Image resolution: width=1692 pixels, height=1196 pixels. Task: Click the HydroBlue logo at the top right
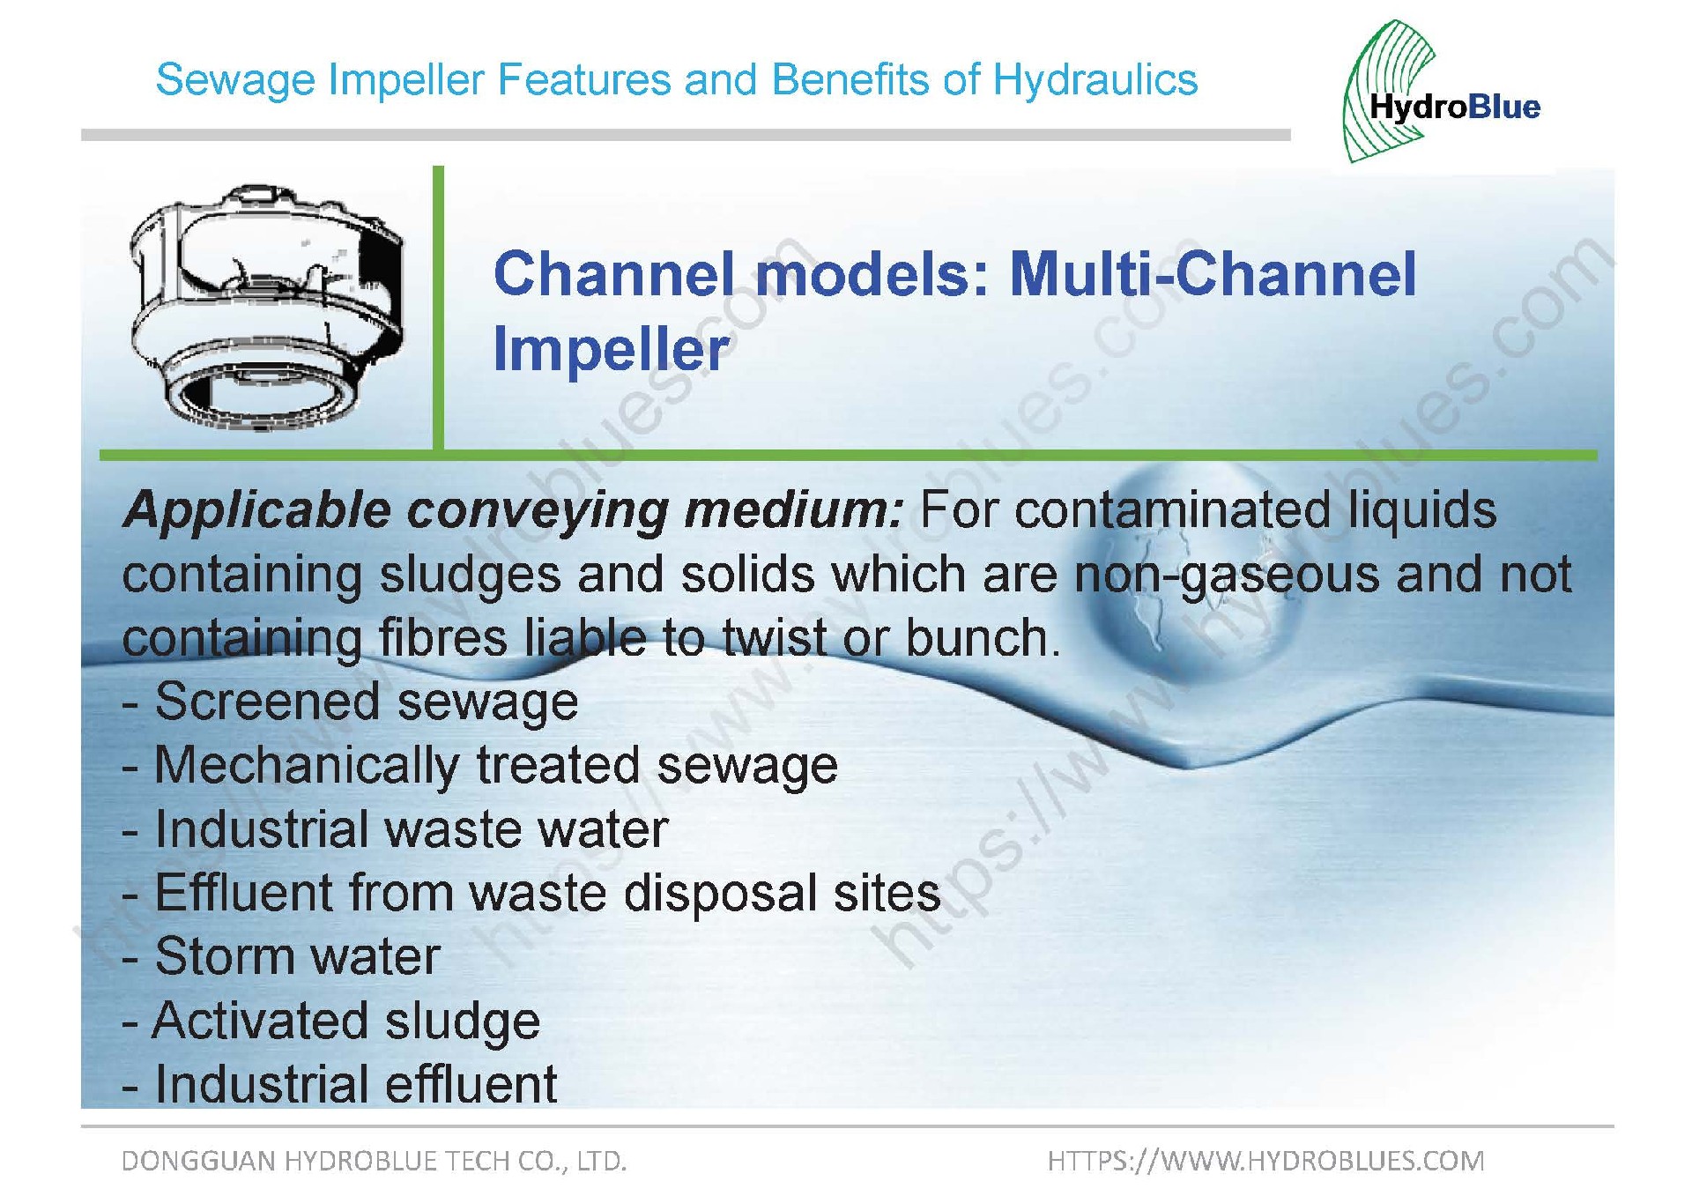click(x=1441, y=92)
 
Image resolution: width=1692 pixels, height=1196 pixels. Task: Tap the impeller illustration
click(x=268, y=307)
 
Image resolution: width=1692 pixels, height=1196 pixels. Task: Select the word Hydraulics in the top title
click(x=1095, y=80)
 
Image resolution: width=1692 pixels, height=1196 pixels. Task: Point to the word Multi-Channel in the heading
click(x=1213, y=273)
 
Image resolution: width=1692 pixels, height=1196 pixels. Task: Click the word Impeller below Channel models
click(x=612, y=350)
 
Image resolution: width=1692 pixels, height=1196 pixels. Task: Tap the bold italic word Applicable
click(x=257, y=511)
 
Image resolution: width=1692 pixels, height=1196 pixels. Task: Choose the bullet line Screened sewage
click(x=350, y=702)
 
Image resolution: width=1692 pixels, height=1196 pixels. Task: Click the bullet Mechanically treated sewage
click(x=479, y=766)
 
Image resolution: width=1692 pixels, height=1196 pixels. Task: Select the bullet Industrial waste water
click(x=395, y=829)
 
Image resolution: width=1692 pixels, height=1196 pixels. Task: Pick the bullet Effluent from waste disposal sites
click(x=531, y=893)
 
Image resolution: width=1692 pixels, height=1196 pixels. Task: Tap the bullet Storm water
click(x=281, y=956)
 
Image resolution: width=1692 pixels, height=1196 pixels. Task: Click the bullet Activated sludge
click(x=331, y=1021)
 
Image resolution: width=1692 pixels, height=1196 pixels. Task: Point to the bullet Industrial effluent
click(x=339, y=1084)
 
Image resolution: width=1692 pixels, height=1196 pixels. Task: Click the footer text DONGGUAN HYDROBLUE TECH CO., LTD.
click(x=374, y=1161)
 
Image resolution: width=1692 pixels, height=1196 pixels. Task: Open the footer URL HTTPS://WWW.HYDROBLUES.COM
click(x=1265, y=1161)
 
